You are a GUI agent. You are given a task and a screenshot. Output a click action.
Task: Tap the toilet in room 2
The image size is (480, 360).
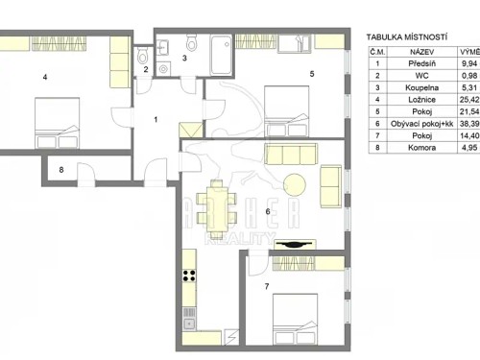pos(142,55)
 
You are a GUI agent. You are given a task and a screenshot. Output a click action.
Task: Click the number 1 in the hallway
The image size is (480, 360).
pos(157,120)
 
